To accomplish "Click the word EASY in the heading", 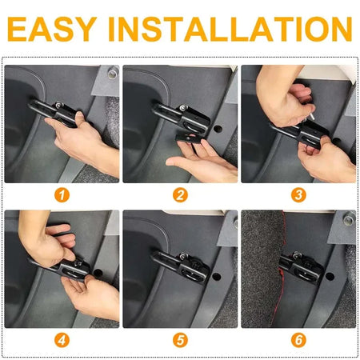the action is point(52,29).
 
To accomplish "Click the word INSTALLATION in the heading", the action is point(230,29).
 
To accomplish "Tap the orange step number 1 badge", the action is point(62,195).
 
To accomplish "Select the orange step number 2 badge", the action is point(180,195).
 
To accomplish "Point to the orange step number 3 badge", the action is point(298,195).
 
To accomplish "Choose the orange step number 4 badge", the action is point(62,340).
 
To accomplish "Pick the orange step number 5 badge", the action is point(180,340).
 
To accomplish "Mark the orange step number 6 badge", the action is point(298,340).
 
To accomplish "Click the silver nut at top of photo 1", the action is point(113,73).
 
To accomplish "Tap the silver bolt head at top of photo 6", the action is point(350,219).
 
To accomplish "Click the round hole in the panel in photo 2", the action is point(218,129).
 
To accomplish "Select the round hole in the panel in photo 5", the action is point(217,276).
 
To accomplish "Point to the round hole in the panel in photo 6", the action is point(330,277).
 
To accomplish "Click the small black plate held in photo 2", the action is point(189,138).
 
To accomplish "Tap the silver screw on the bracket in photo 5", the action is point(182,256).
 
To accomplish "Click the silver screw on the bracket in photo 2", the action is point(183,108).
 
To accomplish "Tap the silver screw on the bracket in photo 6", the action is point(296,256).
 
